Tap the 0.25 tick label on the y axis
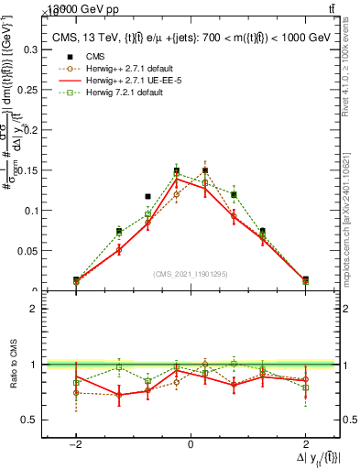31,89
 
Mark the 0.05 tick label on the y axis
31,251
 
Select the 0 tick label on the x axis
191,445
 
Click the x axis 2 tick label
305,445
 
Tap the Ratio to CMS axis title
12,365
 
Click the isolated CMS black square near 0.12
147,196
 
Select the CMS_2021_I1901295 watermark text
190,274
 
